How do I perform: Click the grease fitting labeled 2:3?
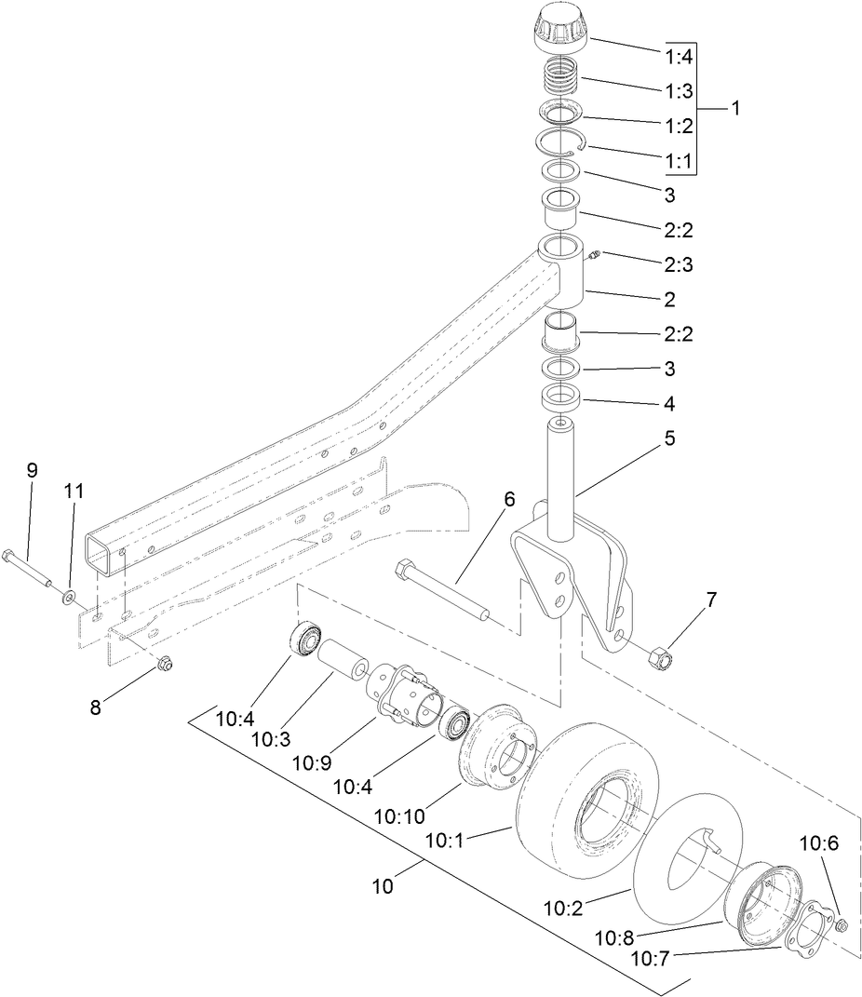pyautogui.click(x=596, y=253)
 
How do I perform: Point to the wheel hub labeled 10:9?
pyautogui.click(x=406, y=704)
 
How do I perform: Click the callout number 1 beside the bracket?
pyautogui.click(x=734, y=108)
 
